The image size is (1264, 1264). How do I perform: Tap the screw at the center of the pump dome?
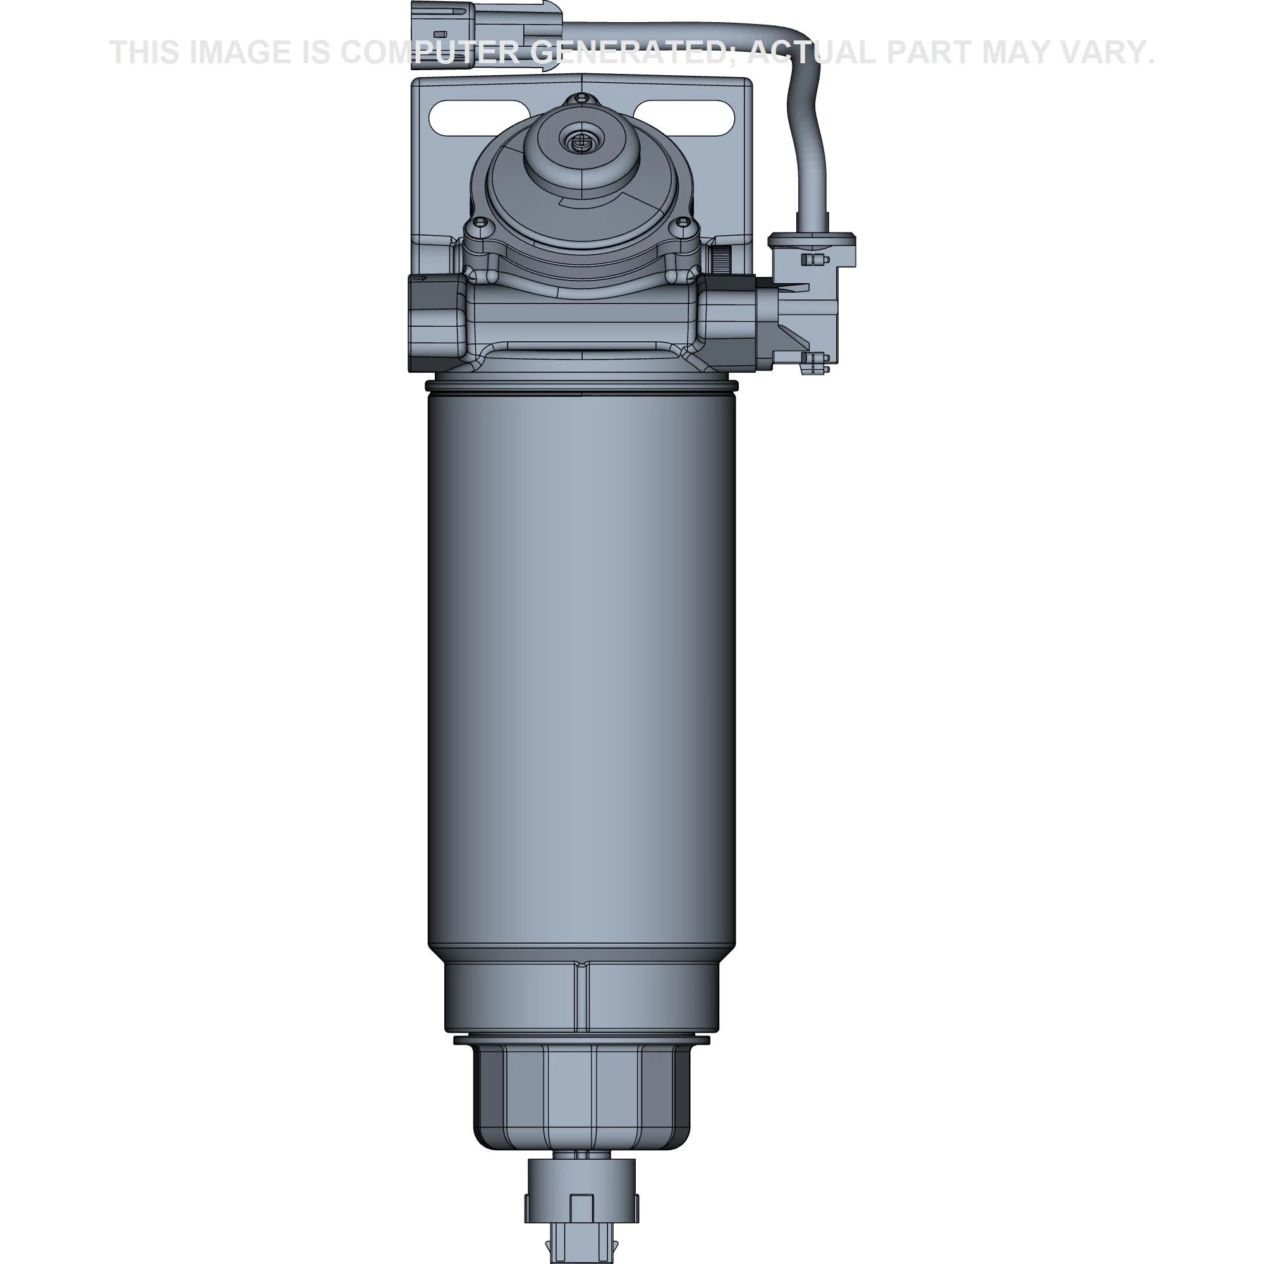[x=578, y=139]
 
